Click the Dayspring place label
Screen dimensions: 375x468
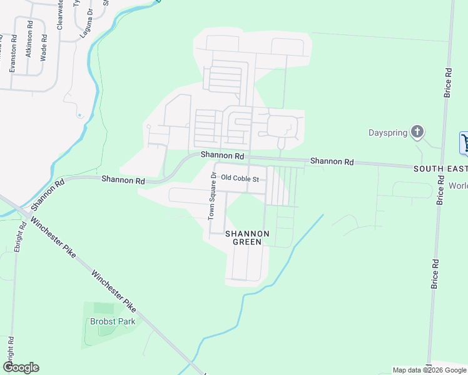coord(387,132)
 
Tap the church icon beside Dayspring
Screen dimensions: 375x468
coord(417,132)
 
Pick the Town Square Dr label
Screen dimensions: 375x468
coord(212,196)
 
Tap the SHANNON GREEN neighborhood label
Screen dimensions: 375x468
coord(247,237)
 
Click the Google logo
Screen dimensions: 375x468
coord(21,367)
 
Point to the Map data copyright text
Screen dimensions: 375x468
coord(429,370)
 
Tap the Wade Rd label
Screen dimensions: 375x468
coord(44,46)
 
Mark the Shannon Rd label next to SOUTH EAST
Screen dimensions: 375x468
coord(332,161)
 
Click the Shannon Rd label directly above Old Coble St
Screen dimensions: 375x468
coord(222,155)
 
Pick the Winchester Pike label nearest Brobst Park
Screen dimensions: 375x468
coord(113,292)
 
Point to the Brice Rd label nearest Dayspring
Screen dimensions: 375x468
coord(447,82)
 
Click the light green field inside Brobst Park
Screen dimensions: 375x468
coord(104,308)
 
